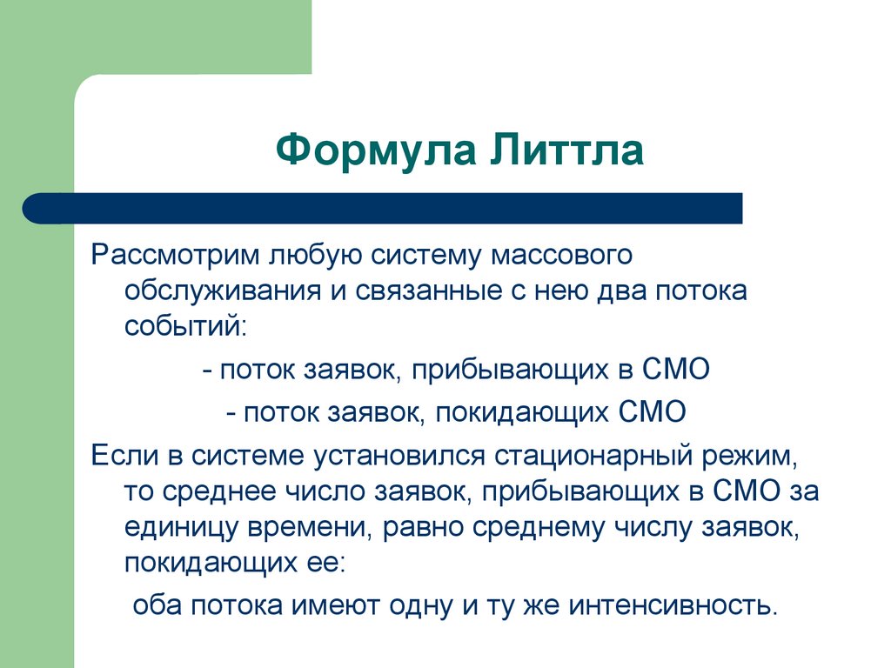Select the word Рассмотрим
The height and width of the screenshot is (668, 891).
pyautogui.click(x=177, y=256)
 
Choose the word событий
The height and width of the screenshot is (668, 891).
pyautogui.click(x=185, y=325)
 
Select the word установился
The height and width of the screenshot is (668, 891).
pyautogui.click(x=394, y=456)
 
